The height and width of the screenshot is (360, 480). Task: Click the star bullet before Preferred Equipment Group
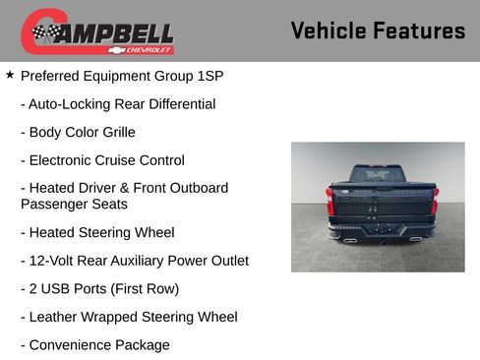[10, 75]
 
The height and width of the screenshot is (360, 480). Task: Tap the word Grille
[115, 132]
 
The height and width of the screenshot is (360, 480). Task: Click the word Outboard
[195, 187]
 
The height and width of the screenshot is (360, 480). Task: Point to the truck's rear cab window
[378, 173]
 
